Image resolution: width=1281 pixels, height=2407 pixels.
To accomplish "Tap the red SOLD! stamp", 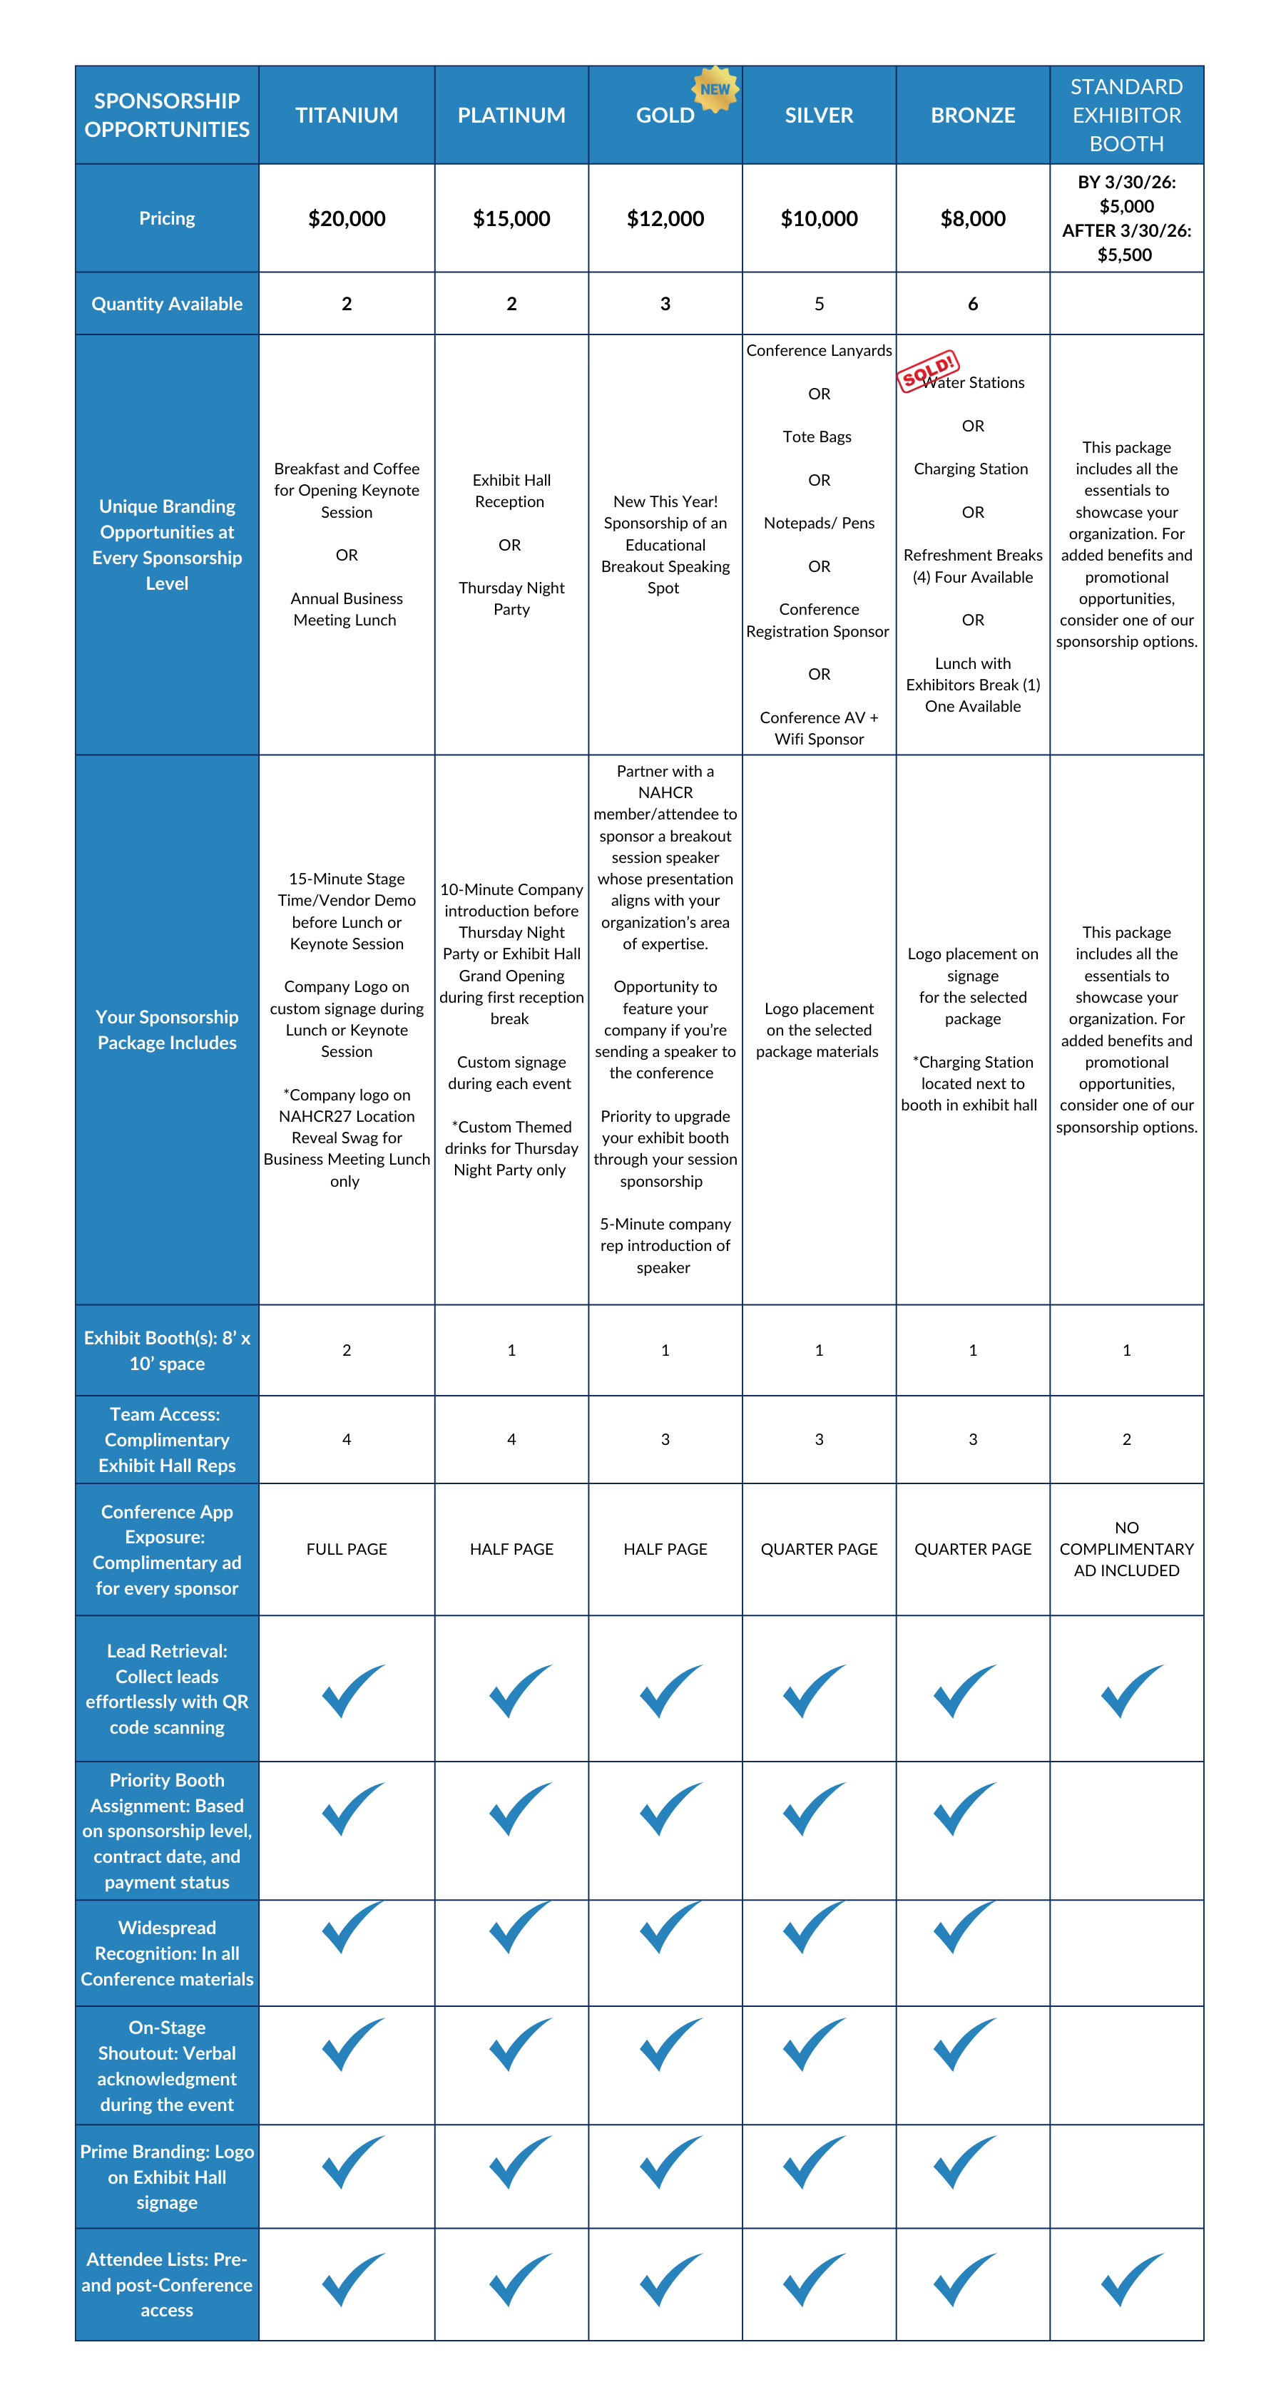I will pos(927,371).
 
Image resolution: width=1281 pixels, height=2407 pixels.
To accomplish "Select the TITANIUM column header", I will pos(347,115).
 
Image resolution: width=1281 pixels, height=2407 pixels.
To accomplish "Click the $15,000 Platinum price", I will pos(511,219).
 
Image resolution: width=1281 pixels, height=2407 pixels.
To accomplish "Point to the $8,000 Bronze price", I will pos(973,219).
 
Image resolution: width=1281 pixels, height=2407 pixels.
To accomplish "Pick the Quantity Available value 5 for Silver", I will pos(819,304).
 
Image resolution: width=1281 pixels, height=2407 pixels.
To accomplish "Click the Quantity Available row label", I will pos(166,304).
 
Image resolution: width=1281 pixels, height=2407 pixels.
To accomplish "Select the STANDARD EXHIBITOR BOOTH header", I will pos(1126,115).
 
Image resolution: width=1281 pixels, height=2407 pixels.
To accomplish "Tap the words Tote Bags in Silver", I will pos(817,436).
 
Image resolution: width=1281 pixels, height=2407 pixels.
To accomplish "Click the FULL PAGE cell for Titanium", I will pos(347,1548).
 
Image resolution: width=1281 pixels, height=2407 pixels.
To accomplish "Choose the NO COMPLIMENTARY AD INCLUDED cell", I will pos(1126,1548).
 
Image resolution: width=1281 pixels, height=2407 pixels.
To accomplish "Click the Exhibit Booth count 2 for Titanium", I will pos(347,1349).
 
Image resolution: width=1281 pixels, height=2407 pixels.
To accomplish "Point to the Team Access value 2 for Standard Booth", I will pos(1126,1439).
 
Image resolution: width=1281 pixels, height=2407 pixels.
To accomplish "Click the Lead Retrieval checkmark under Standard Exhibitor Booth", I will pos(1131,1690).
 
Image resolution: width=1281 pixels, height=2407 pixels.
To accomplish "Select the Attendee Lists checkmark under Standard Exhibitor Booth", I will pos(1131,2278).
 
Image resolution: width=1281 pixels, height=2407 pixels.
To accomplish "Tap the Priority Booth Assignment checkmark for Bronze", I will pos(964,1807).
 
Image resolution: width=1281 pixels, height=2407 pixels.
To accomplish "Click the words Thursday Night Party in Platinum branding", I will pos(511,598).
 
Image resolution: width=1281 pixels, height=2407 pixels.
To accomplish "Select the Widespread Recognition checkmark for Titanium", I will pos(352,1927).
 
